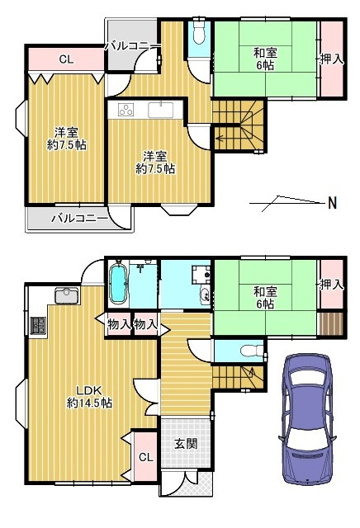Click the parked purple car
(306, 420)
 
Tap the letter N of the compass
(333, 203)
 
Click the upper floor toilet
(199, 34)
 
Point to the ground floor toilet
(252, 351)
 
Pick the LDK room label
(89, 397)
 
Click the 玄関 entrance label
(186, 444)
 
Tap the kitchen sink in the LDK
(67, 295)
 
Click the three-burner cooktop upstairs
(126, 110)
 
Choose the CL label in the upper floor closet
(66, 59)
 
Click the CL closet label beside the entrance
(146, 457)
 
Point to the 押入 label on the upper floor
(332, 59)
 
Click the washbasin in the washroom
(205, 296)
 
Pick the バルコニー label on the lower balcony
(79, 219)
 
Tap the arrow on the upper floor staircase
(219, 138)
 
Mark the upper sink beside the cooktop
(161, 110)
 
